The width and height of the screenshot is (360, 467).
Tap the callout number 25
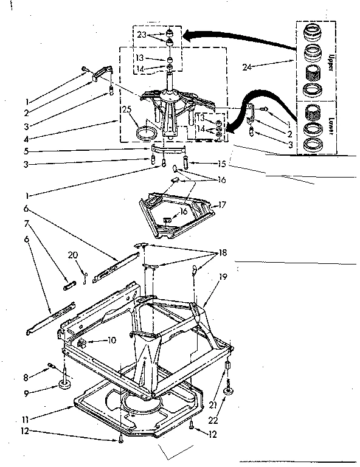point(126,109)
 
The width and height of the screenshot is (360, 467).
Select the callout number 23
point(142,35)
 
